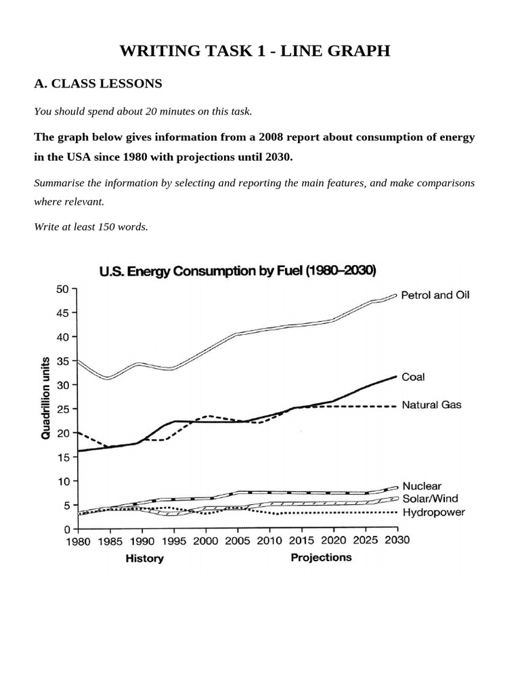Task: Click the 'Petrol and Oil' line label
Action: click(x=435, y=295)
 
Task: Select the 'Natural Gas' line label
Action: click(x=431, y=405)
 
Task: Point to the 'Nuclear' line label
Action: click(x=421, y=486)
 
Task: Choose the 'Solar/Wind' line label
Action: click(x=430, y=499)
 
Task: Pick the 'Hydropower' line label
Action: click(x=433, y=512)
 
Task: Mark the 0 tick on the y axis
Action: click(x=68, y=529)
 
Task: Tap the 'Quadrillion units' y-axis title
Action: click(x=46, y=399)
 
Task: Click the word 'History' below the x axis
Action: click(x=144, y=558)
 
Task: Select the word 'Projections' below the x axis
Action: click(x=321, y=557)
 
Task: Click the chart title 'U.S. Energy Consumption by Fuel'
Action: click(x=238, y=272)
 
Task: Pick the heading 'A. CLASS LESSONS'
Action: click(x=98, y=84)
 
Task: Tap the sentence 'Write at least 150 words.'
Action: click(x=91, y=227)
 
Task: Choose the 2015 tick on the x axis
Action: click(x=302, y=541)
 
